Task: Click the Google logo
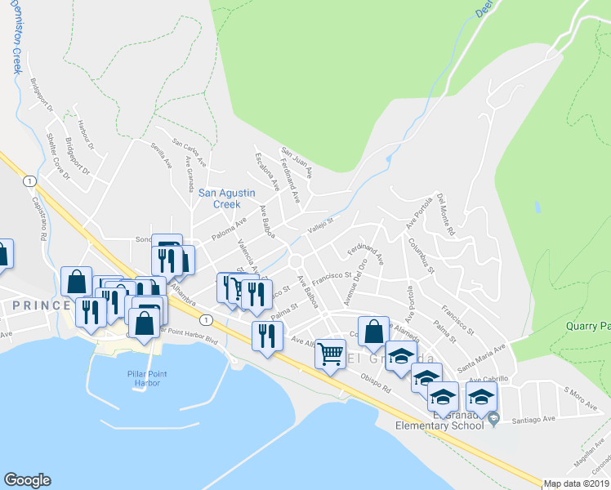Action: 27,480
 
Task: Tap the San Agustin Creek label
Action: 227,198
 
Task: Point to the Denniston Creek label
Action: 16,37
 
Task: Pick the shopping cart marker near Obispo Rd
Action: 330,354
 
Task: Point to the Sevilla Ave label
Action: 160,153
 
